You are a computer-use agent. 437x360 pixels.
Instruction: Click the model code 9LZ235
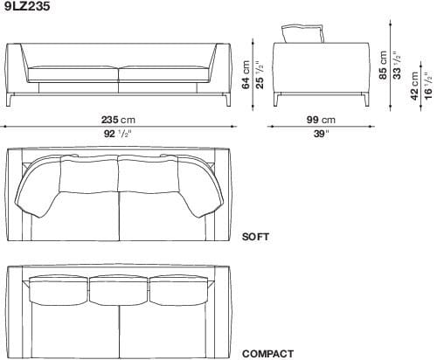click(24, 6)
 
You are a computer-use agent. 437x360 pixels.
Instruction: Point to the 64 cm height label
click(246, 75)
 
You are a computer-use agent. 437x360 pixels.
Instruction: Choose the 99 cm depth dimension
click(321, 119)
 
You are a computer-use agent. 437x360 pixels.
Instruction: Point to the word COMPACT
click(267, 353)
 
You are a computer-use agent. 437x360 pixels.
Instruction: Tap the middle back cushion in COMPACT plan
click(118, 290)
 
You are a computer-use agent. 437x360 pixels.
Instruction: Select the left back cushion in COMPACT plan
click(58, 290)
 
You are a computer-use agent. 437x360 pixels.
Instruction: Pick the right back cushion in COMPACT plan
click(178, 290)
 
